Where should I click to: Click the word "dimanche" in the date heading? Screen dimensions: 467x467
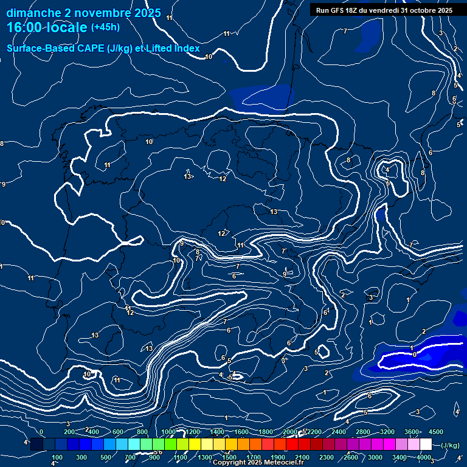[29, 13]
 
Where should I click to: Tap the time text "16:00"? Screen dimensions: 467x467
[25, 27]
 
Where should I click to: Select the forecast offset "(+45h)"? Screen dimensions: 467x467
[105, 27]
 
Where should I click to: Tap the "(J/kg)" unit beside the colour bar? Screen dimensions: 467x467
[450, 446]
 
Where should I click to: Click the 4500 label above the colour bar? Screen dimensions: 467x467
[436, 432]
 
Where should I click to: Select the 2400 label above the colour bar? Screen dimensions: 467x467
[338, 432]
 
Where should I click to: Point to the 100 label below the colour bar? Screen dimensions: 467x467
[57, 457]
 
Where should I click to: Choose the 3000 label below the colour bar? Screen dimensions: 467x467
[375, 457]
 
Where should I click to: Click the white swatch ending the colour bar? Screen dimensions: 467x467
[426, 445]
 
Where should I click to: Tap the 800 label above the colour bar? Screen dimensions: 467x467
[142, 432]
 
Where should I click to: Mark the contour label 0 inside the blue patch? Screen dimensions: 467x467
[414, 355]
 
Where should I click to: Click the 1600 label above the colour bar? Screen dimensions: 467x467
[241, 432]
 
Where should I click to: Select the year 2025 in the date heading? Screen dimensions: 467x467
[148, 13]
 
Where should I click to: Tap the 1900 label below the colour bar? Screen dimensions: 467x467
[278, 457]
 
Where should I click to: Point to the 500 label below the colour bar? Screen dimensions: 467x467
[106, 457]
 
